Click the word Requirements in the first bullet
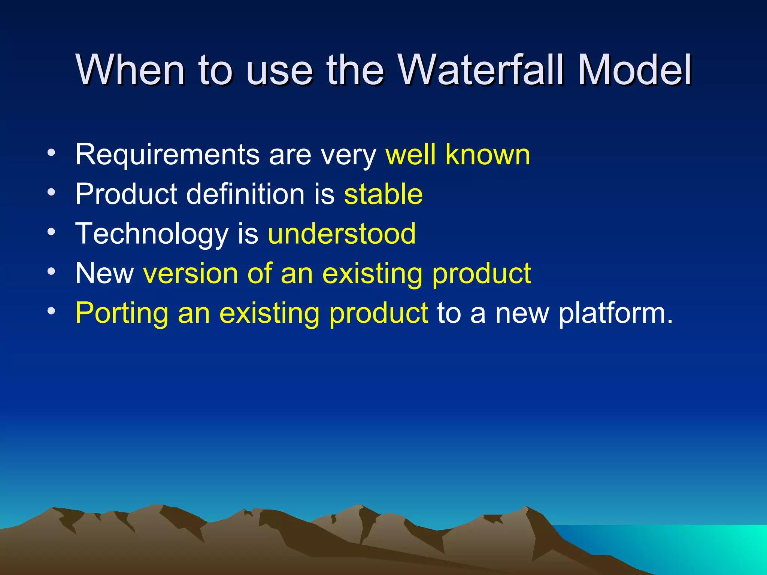(x=167, y=154)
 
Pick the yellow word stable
(x=383, y=194)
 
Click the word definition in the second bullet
(x=245, y=194)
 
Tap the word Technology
(x=152, y=234)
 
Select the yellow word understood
(x=342, y=234)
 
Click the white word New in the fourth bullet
(x=104, y=273)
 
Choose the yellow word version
(x=191, y=273)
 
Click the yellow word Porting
(x=122, y=313)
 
